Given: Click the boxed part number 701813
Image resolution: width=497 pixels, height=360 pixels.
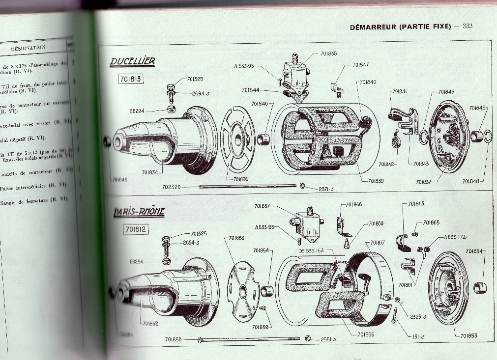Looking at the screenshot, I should pos(131,78).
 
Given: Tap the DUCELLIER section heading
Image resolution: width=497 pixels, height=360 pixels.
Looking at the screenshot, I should pos(132,62).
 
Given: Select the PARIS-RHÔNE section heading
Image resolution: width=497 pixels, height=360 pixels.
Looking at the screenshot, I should pos(139,212).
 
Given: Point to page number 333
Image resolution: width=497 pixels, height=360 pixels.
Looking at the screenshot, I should pos(467,26).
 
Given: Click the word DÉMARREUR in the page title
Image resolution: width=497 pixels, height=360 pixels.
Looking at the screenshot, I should pos(373,27).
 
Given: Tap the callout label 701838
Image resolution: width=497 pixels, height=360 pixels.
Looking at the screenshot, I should pos(328,54).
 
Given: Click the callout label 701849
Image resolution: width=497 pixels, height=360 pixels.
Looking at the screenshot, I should pos(446,91).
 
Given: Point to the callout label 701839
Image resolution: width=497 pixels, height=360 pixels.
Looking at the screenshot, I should pos(376,181).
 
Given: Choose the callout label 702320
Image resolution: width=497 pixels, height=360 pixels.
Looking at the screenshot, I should pos(172,187).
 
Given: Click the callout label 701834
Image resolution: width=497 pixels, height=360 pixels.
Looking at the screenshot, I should pos(150,172).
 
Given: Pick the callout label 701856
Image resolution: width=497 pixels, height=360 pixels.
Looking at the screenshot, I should pos(366,334).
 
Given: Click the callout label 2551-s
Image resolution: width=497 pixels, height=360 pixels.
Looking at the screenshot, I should pos(328,339).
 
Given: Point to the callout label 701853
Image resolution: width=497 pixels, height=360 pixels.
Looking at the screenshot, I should pos(469,336).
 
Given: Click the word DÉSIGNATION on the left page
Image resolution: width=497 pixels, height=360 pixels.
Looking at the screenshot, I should pos(28,48).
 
